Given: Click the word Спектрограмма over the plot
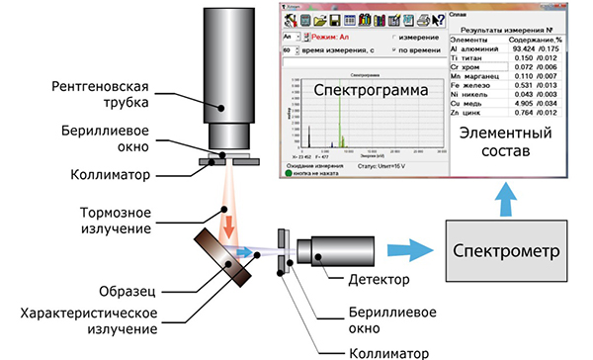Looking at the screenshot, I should (x=365, y=91).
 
